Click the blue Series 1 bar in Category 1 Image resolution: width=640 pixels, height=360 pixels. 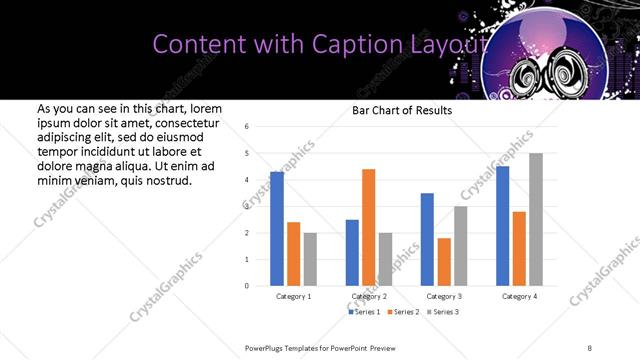click(277, 229)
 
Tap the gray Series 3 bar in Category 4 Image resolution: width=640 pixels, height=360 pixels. click(536, 219)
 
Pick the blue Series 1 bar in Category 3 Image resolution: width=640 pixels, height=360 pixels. click(427, 239)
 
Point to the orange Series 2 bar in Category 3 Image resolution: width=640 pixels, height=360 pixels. click(444, 262)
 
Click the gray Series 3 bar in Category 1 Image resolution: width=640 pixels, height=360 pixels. click(310, 259)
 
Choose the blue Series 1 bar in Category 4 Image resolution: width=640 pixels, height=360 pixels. click(502, 226)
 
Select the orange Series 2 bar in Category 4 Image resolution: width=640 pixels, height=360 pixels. click(519, 248)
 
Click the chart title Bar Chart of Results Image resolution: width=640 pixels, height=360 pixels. click(402, 110)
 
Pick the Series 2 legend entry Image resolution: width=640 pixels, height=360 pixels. click(403, 312)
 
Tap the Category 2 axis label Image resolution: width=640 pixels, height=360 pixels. click(369, 297)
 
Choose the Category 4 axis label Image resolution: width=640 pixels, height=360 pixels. click(518, 297)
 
